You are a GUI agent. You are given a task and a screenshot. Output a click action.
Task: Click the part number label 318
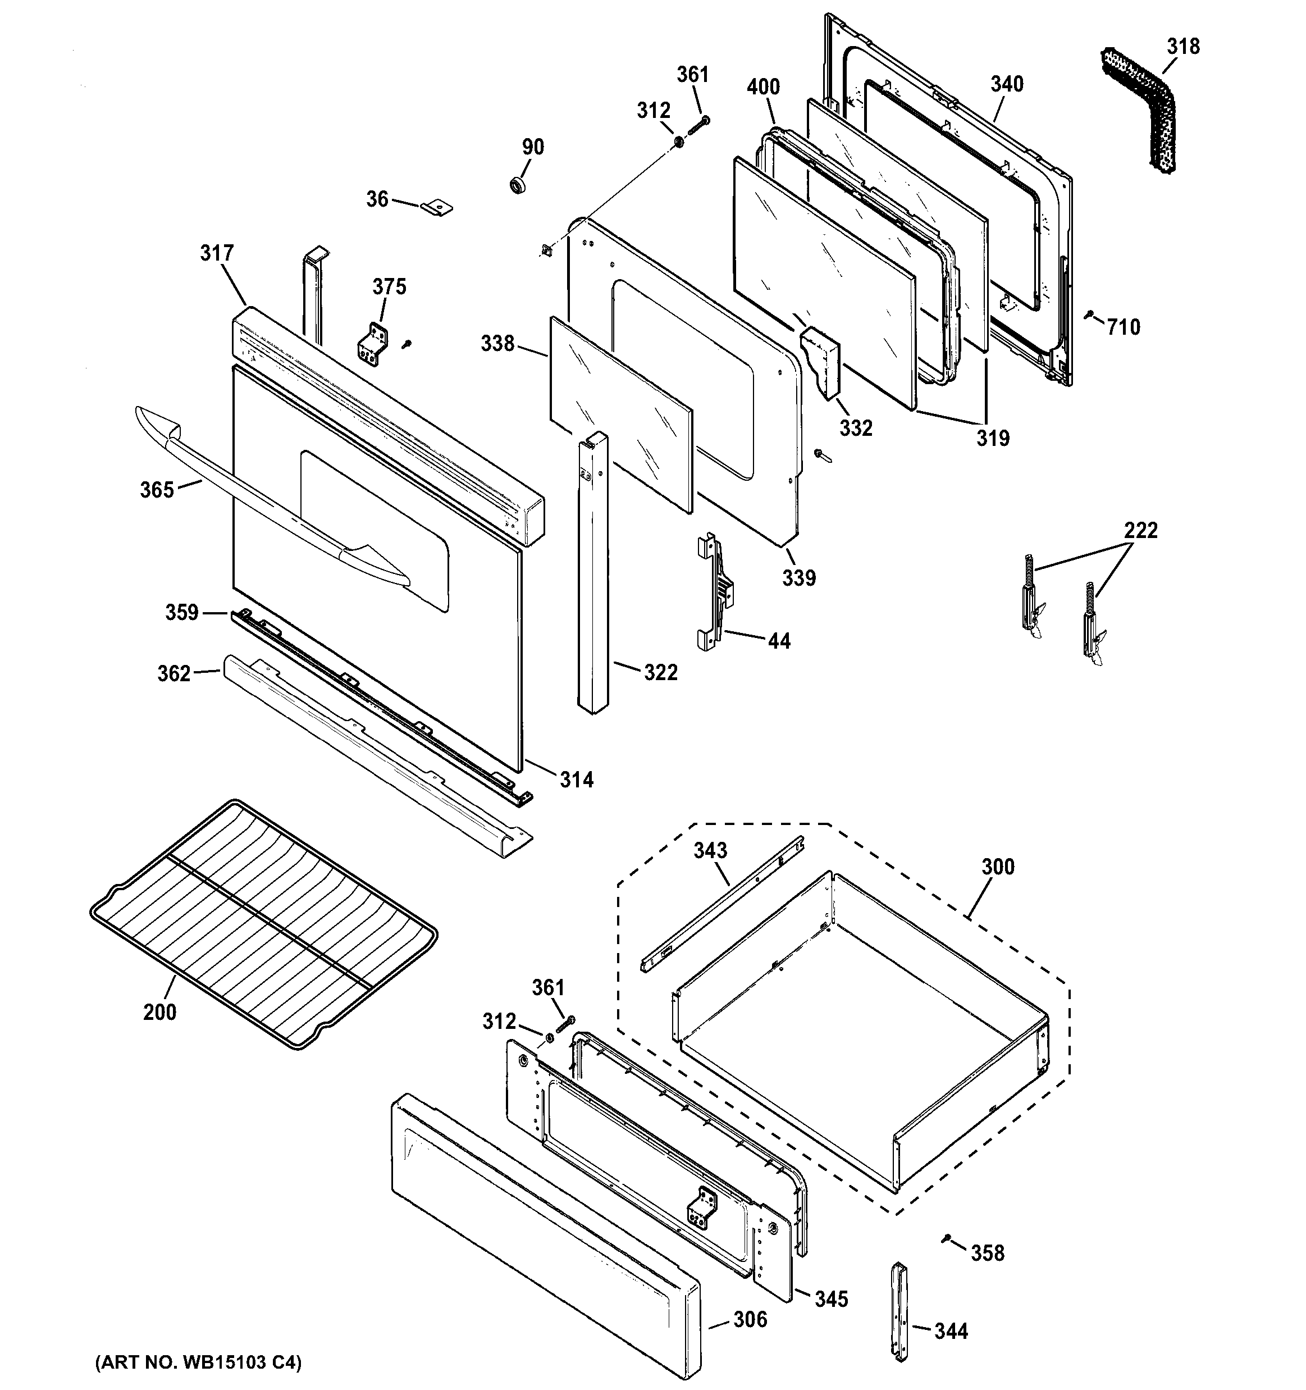click(1183, 46)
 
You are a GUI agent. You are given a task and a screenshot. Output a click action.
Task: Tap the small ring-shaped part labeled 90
click(518, 185)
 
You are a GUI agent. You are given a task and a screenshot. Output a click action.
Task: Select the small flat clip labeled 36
click(437, 207)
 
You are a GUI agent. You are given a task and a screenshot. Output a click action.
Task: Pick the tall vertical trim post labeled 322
click(593, 573)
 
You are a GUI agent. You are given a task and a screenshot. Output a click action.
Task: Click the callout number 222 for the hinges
click(1140, 530)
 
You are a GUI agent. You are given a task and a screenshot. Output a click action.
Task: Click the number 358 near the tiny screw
click(987, 1252)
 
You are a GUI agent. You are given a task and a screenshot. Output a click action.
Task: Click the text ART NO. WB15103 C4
click(198, 1362)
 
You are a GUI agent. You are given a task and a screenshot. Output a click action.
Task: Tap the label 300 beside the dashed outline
click(998, 867)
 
